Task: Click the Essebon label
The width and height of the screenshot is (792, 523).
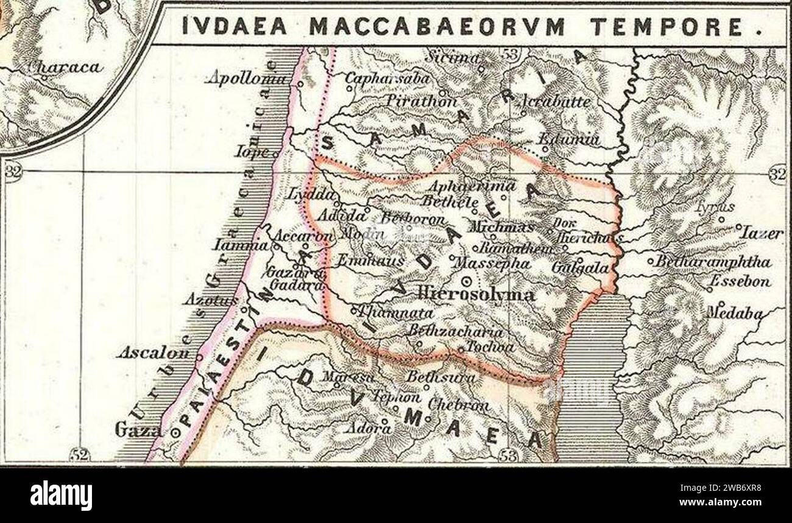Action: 741,281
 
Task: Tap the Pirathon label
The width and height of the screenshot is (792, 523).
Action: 421,100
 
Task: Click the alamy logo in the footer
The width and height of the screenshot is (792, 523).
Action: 61,494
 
